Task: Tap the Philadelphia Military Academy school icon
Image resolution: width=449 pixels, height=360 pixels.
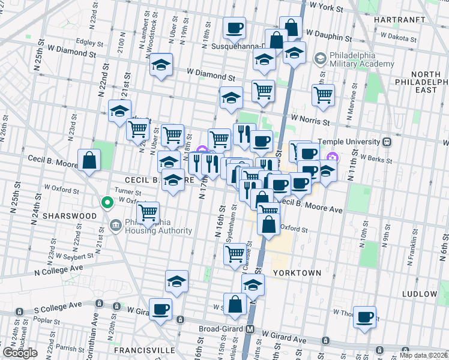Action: click(x=320, y=58)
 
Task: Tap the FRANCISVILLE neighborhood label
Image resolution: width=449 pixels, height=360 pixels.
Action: click(x=145, y=349)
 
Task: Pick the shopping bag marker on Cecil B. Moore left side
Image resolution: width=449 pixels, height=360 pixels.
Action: click(x=89, y=160)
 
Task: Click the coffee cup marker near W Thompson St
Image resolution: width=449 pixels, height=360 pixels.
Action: click(x=364, y=316)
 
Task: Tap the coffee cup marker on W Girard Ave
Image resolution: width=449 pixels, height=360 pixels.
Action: click(x=160, y=310)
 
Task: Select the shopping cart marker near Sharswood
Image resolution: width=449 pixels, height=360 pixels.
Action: click(x=148, y=212)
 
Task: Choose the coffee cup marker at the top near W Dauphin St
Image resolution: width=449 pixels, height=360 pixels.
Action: click(x=234, y=27)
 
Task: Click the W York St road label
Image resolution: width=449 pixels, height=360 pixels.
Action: click(x=325, y=9)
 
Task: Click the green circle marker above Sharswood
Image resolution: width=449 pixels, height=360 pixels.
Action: click(x=107, y=203)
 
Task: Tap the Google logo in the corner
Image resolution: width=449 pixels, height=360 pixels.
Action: click(x=20, y=353)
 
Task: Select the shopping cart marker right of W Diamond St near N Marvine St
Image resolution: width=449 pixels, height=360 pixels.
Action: click(x=323, y=94)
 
